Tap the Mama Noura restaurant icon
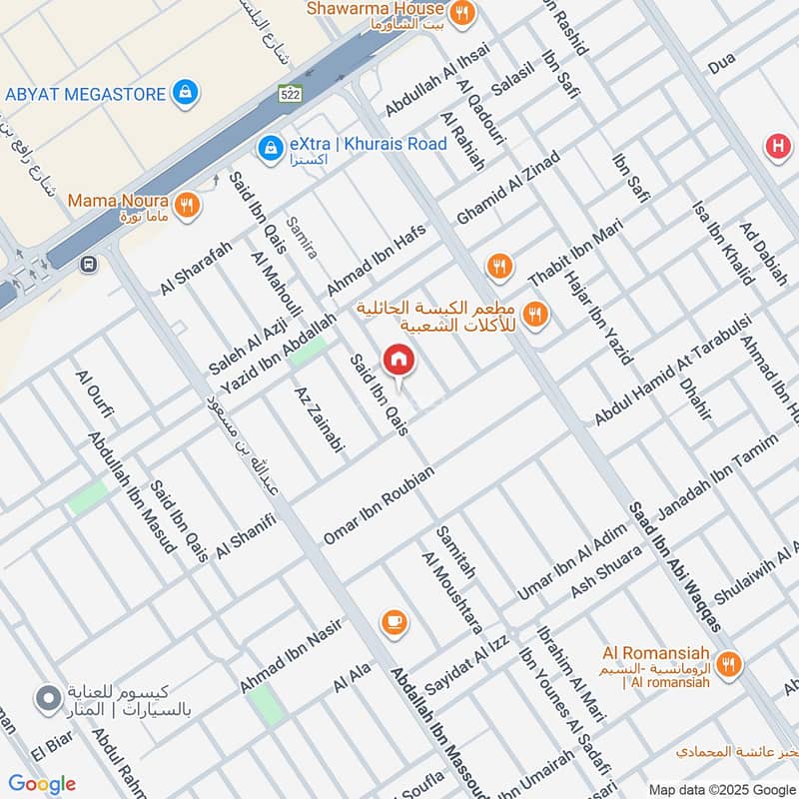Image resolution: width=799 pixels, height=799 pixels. pos(187,206)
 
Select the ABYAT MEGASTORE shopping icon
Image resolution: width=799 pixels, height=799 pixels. pos(184,93)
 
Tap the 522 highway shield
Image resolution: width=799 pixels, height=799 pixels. pos(290,92)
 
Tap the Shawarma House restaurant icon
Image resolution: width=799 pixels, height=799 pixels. pos(461,12)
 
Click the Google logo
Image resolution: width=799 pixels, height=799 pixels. pos(42,783)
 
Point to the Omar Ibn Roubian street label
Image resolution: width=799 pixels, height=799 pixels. pos(379,505)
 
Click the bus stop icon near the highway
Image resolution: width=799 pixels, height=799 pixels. pos(90,265)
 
